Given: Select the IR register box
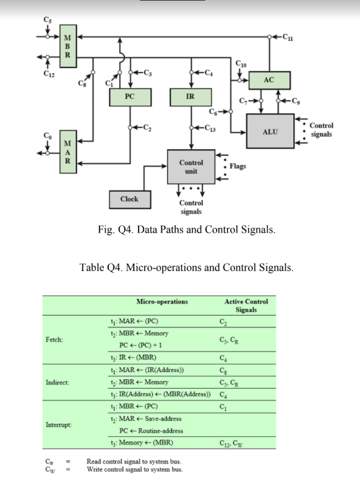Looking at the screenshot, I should click(x=192, y=97).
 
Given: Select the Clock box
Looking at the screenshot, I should click(x=129, y=199).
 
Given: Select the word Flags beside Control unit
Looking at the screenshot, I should click(x=238, y=166).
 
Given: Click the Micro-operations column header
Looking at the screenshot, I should click(x=162, y=302).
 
